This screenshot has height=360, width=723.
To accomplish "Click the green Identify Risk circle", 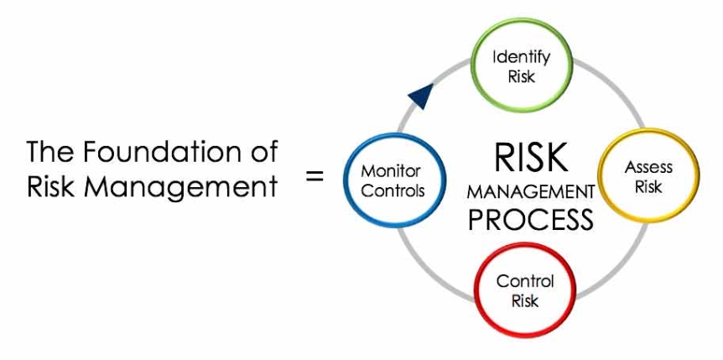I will coord(521,67).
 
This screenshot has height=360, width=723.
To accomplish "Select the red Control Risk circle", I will coord(525,290).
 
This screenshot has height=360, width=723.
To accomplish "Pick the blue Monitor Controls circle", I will coord(391,180).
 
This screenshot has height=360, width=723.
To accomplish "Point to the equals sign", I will coord(315,176).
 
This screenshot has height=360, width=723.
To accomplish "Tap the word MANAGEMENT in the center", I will coord(531,192).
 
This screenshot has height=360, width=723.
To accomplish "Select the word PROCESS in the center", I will coord(531,220).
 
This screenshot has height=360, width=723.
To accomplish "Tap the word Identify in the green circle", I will coord(521,58).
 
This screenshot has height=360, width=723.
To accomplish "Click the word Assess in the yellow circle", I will coord(648,167).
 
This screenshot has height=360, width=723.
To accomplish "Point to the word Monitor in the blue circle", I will coord(391,171).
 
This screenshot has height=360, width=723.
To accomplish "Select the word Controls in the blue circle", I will coord(392,190).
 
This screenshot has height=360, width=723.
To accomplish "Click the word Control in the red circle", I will coord(525,281).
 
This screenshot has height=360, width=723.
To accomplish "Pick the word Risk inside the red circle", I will coord(525,300).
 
